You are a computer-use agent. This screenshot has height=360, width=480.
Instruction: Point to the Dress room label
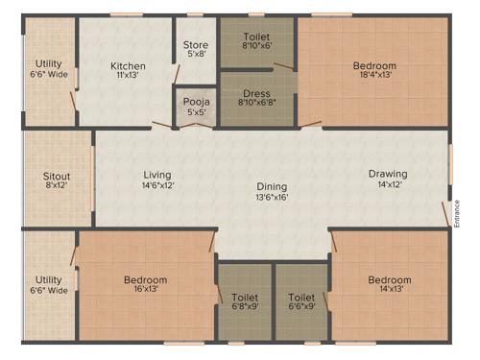pos(257,93)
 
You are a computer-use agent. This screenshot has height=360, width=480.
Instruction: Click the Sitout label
pos(57,177)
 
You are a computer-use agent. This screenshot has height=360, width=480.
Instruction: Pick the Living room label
pos(157,174)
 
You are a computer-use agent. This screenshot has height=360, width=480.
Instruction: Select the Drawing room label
pos(388,174)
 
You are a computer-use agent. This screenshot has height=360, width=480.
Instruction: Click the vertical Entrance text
pos(457,211)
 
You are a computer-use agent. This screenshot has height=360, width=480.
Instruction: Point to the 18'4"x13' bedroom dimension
pos(374,78)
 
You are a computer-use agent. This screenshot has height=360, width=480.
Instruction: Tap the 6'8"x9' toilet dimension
pos(247,309)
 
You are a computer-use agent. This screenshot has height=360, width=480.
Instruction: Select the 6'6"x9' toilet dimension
pos(301,309)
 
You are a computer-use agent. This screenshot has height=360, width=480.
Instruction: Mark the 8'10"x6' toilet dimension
pos(257,44)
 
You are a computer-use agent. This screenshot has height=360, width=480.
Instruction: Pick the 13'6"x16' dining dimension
pos(272,197)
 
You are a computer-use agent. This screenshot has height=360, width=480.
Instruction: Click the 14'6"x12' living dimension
pos(157,185)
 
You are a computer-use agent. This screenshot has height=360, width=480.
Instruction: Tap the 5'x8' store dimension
pos(195,54)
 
